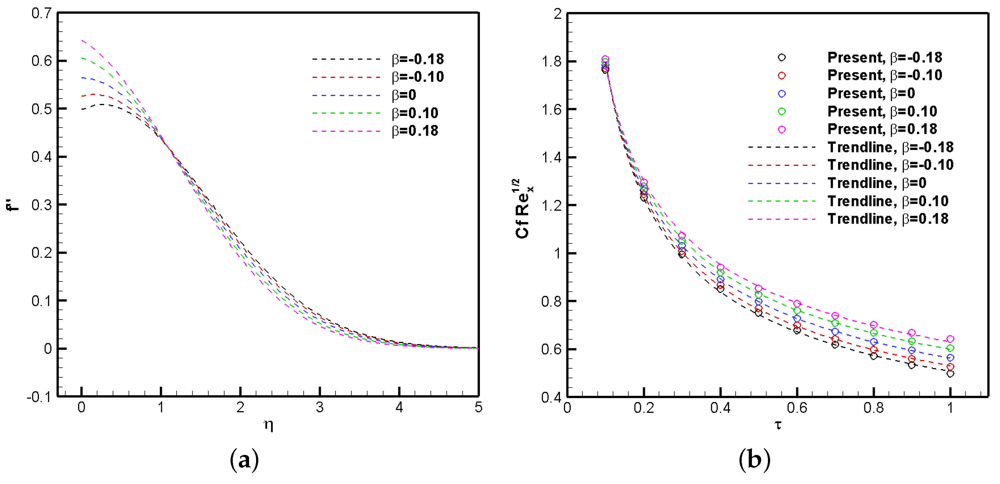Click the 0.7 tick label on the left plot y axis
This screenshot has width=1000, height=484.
pos(41,14)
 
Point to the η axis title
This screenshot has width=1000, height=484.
pos(268,425)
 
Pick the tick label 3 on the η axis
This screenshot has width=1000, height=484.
pos(320,407)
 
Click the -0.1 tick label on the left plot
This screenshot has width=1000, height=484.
pos(39,397)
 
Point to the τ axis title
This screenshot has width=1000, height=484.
pos(778,425)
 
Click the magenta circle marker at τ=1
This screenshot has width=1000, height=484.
pos(950,339)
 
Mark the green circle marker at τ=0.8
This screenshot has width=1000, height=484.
pos(874,333)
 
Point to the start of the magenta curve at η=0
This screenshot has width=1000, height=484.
pos(82,40)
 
